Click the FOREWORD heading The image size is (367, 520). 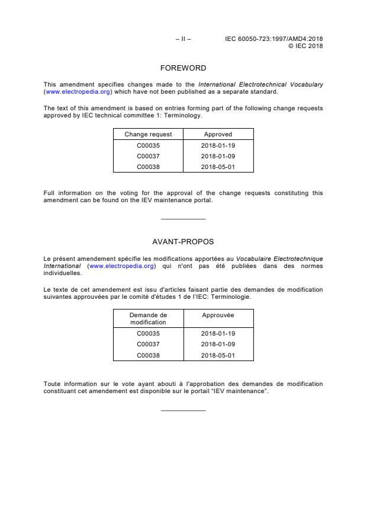(x=183, y=68)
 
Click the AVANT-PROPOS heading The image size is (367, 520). (x=183, y=242)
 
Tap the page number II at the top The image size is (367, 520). (x=183, y=39)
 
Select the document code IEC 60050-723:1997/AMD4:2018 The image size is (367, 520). (x=274, y=39)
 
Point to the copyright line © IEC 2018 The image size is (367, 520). (x=305, y=46)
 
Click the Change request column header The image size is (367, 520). (x=148, y=135)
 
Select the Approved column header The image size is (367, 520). (x=218, y=135)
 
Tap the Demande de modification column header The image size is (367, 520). (x=148, y=319)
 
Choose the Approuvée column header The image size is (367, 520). (x=218, y=315)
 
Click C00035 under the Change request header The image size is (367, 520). (x=148, y=145)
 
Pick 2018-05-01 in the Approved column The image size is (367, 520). (x=218, y=167)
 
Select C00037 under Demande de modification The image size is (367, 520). (x=148, y=344)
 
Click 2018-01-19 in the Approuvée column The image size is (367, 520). (x=218, y=334)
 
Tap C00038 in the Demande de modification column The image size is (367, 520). (x=148, y=355)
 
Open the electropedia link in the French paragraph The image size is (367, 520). (x=121, y=266)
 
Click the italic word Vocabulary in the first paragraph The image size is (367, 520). (x=307, y=85)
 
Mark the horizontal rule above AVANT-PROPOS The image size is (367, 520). (x=183, y=219)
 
